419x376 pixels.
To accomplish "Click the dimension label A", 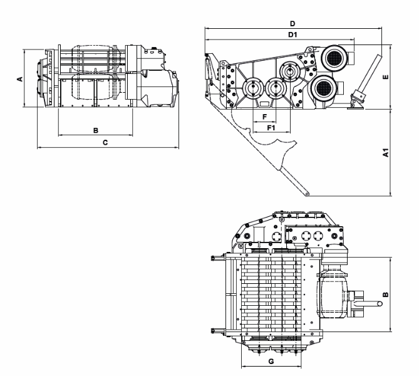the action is pos(20,79).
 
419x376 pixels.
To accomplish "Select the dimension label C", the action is pos(105,142).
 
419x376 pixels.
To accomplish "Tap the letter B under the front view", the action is pos(96,130).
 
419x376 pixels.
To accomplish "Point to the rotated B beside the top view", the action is pos(385,295).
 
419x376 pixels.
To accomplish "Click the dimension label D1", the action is pos(292,34).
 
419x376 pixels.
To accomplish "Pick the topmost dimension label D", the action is pos(292,24).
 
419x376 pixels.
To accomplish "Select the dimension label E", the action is pos(385,76).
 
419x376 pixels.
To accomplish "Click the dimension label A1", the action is pos(385,152).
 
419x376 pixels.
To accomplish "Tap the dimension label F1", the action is pos(271,128).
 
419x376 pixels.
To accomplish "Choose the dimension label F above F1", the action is pos(264,117).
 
